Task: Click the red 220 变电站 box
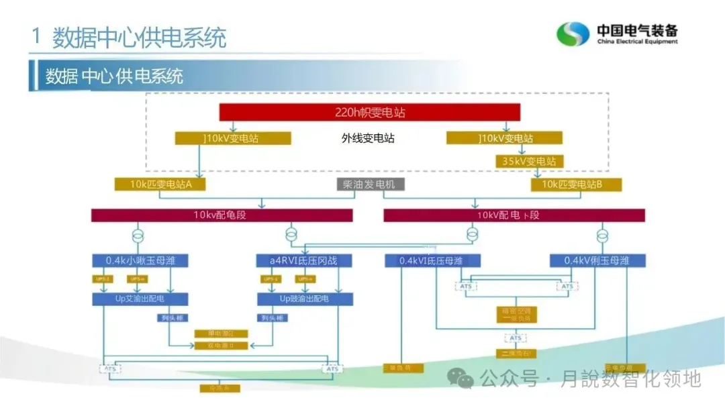point(369,112)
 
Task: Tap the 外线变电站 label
point(368,138)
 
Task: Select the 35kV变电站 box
point(530,161)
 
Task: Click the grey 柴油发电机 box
point(371,184)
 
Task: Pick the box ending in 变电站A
point(159,184)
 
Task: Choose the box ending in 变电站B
point(577,184)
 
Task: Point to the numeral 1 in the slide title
point(36,37)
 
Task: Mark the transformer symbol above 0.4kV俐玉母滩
point(602,236)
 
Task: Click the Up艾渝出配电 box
point(138,299)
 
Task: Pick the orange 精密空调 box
point(516,314)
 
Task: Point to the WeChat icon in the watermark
point(463,379)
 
